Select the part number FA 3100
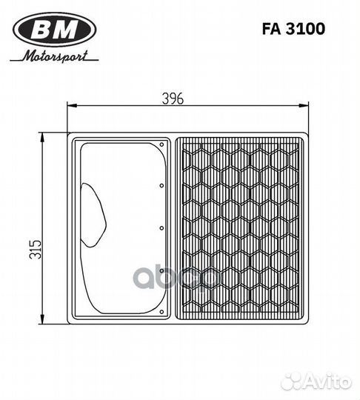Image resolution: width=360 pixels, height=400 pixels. pos(293,29)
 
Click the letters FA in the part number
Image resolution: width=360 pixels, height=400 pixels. pos(270,29)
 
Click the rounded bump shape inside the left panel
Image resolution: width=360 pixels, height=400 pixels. pos(93,215)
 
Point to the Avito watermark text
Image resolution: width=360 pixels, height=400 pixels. pos(327,381)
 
